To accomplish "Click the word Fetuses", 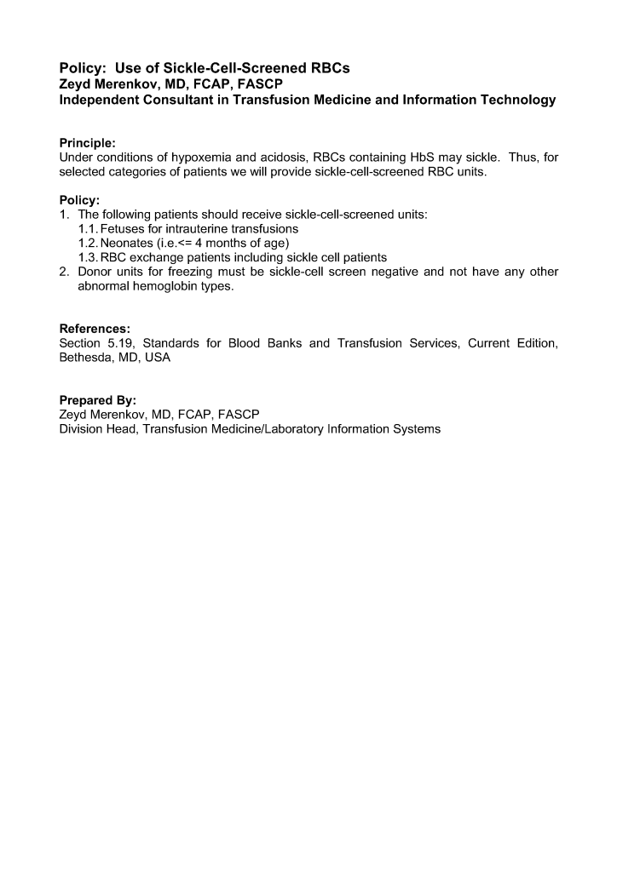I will click(x=124, y=229).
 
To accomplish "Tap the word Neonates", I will click(x=128, y=243).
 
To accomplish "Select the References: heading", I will click(x=95, y=329).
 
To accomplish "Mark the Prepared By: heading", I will click(x=98, y=400).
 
